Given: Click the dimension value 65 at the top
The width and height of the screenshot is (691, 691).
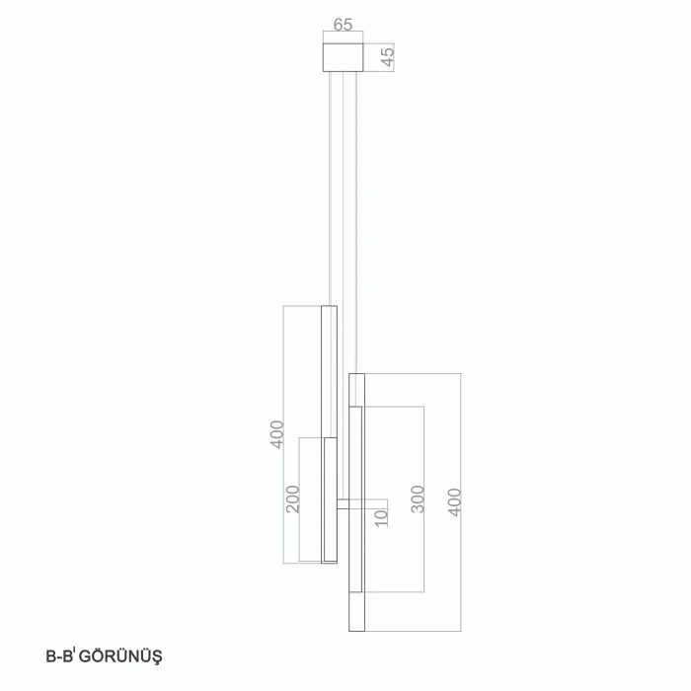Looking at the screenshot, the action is pos(343,25).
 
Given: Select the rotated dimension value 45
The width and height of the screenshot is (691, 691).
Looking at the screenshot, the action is pos(388,57).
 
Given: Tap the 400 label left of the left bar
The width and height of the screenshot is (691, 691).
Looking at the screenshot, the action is pos(277,434).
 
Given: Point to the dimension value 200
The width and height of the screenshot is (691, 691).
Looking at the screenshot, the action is pos(293,499).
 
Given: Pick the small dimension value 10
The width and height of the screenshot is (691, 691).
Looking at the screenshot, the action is pos(382,518).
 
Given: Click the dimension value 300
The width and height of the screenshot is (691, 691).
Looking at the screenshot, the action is pos(418,499).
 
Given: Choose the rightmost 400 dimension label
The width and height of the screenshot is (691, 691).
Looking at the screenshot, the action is pos(454,501).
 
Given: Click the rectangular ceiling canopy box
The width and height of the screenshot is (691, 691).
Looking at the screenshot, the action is pos(343,57).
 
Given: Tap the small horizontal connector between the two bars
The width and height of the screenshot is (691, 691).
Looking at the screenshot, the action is pos(343,504).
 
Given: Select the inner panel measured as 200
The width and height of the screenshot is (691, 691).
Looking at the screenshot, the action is pos(330,499).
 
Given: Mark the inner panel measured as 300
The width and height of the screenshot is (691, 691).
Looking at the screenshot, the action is pos(355,499).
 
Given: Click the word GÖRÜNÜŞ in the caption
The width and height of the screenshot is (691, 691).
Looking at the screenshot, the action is pos(120,656).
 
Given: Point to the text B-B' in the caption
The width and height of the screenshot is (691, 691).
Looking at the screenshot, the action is pos(60,656).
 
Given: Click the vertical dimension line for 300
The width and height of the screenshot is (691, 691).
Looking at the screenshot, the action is pos(423,499).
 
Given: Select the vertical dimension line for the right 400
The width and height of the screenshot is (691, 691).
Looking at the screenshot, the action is pos(461,502).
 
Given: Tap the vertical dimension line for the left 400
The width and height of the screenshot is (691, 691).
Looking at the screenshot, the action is pos(283,434).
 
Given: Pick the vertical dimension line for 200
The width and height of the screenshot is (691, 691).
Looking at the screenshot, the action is pos(299,499).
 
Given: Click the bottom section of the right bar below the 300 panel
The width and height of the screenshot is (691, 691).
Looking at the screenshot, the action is pos(357,612).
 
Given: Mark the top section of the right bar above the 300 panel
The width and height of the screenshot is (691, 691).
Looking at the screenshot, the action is pos(357,390).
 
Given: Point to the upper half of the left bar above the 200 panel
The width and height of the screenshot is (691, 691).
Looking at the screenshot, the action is pos(329,371).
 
